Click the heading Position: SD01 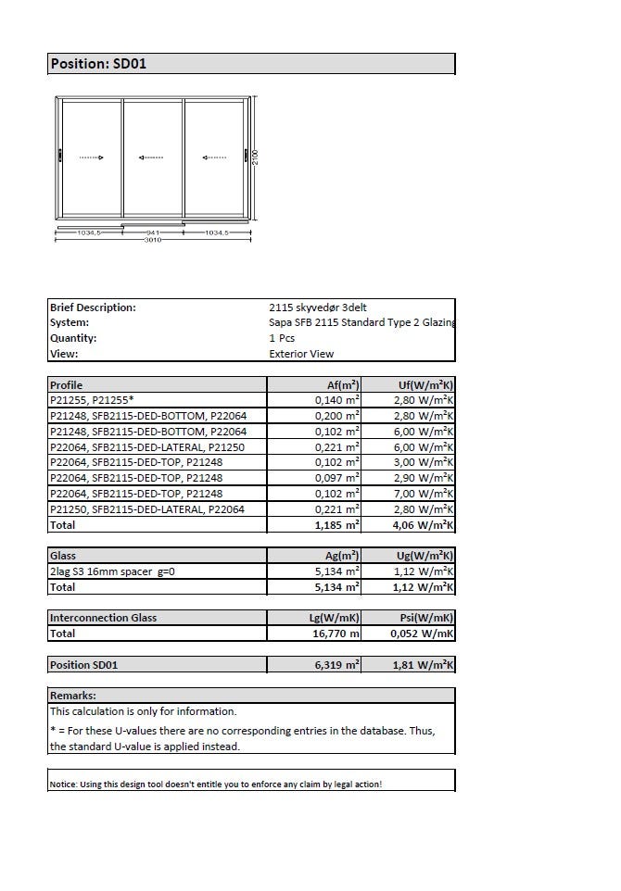98,64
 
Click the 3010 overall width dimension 153,240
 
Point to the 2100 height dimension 256,158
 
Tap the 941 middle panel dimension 154,232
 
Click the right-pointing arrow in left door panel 92,157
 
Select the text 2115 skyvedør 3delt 311,307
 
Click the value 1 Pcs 283,338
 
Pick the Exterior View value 301,354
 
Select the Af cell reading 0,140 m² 336,400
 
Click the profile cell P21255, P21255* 92,400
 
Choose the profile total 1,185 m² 336,525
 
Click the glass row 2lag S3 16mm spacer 112,571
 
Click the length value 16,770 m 336,634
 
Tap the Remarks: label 73,696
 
